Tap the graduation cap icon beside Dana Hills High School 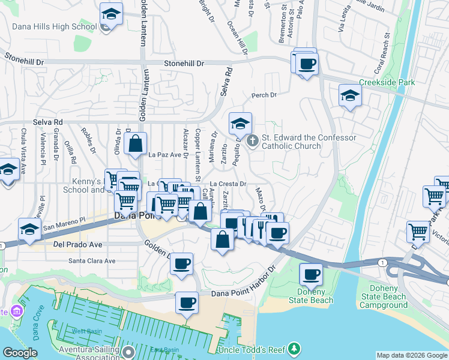point(110,14)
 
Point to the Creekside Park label point(387,82)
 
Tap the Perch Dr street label point(264,95)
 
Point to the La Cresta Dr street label point(228,184)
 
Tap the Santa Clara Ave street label point(91,261)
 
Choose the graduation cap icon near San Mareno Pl point(29,229)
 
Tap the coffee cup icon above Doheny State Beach point(310,275)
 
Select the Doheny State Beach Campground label point(383,297)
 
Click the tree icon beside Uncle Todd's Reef point(294,349)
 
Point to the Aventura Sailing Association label point(87,353)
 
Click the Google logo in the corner point(20,353)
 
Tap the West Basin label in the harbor point(86,331)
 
